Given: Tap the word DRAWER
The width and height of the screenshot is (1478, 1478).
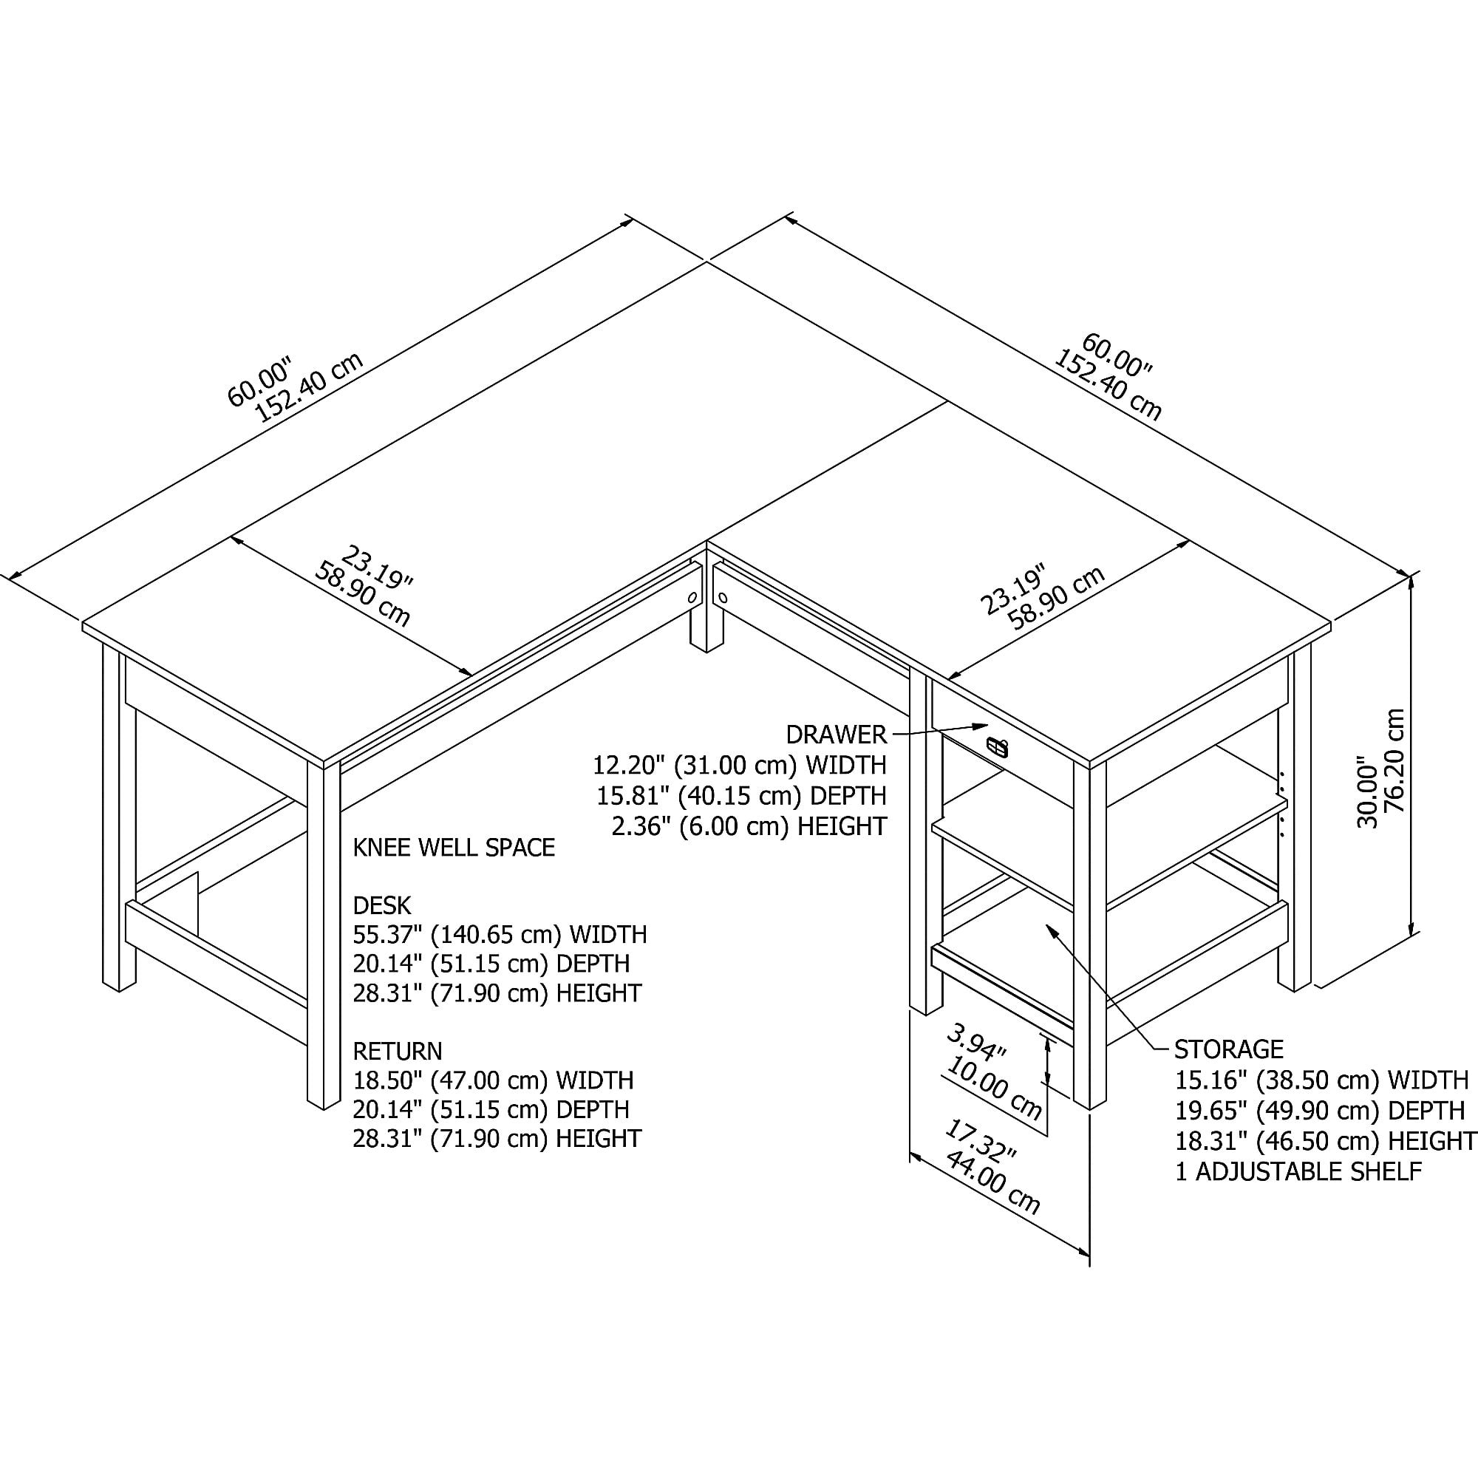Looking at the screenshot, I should tap(836, 735).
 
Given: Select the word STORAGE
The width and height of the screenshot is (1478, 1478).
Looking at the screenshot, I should tap(1229, 1048).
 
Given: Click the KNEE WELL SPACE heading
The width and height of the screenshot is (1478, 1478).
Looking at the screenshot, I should tap(454, 848).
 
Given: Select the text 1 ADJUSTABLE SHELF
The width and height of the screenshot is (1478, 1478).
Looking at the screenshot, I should tap(1298, 1171).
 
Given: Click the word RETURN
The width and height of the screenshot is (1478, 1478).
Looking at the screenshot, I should tap(398, 1051).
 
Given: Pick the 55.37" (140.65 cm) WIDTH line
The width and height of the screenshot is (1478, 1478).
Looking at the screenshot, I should tap(500, 934).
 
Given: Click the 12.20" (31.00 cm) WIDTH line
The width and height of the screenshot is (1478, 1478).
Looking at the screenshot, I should tap(739, 765).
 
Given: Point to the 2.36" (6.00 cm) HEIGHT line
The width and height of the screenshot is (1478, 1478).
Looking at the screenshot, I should tap(749, 826).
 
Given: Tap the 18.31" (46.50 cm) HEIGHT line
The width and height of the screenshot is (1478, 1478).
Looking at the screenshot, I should tap(1325, 1140).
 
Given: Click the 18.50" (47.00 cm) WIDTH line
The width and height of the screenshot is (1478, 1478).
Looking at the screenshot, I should tap(493, 1080).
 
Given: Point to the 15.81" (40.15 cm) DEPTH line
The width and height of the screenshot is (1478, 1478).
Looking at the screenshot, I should tap(741, 796).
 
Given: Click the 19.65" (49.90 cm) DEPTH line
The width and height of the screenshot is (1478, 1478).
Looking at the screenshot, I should tap(1320, 1110).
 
